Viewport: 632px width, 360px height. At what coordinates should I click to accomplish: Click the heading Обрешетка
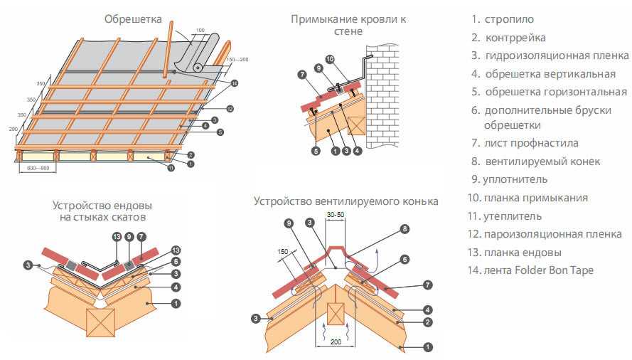[x=133, y=18]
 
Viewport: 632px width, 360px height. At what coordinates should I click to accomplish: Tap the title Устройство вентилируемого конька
[x=346, y=201]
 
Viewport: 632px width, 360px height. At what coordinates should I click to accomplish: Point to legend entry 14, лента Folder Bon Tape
[x=530, y=270]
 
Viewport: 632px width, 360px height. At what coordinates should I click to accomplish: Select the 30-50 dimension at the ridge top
[x=335, y=213]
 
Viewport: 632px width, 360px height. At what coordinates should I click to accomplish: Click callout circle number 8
[x=405, y=229]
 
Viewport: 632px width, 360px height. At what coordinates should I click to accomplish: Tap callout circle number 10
[x=329, y=59]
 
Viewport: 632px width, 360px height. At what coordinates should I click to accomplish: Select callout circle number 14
[x=234, y=83]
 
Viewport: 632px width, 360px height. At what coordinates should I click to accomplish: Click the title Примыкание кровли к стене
[x=348, y=25]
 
